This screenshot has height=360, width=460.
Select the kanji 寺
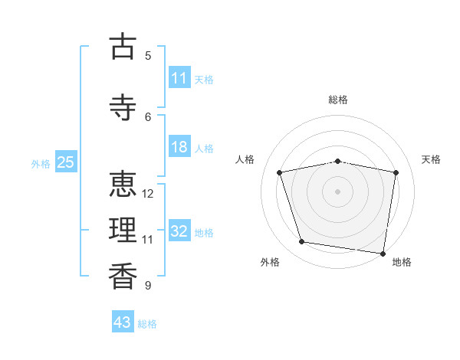point(123,107)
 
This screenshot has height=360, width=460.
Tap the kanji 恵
point(123,184)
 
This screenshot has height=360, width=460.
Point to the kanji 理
point(123,230)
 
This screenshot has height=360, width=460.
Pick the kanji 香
point(123,277)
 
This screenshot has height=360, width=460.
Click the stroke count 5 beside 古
point(148,56)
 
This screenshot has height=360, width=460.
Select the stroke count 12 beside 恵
point(147,194)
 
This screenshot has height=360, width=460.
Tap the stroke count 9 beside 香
point(148,285)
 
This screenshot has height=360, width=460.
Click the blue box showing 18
point(180,146)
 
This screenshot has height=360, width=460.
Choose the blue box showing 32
point(180,230)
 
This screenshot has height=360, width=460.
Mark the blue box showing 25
point(66,162)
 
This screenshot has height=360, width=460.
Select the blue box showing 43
point(123,321)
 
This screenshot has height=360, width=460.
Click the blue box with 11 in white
point(180,77)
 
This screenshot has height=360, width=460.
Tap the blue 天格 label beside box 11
point(204,80)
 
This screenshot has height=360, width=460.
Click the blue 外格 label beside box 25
point(41,164)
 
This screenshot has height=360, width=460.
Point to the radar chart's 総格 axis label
point(338,100)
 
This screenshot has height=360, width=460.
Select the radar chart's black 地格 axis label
point(402,262)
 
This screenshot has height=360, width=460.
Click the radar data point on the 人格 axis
point(280,172)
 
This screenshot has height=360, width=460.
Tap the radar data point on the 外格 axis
point(301,242)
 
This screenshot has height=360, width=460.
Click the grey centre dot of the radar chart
point(337,191)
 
